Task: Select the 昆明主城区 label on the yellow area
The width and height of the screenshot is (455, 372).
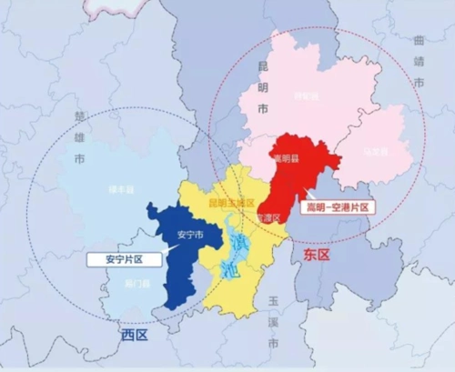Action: coord(228,201)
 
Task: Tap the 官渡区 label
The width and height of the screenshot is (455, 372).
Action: coord(268,218)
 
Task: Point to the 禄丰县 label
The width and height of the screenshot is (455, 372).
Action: coord(121,188)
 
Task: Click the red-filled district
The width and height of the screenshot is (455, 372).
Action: coord(300,173)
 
